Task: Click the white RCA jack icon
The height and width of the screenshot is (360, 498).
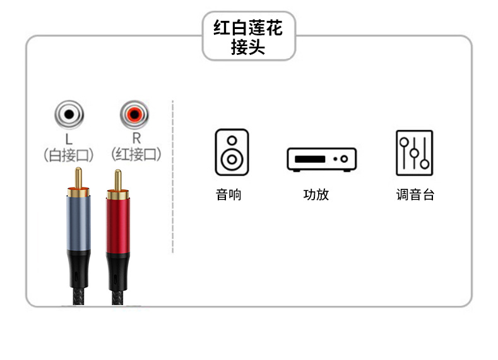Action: coord(69,115)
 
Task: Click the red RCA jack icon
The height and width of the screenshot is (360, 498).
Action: coord(134,115)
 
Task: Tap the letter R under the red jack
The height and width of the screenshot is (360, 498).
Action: coord(135,138)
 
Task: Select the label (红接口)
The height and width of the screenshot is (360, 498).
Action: coord(136,155)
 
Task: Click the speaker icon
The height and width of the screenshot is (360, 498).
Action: coord(232,152)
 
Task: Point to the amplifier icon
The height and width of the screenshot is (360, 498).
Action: coord(321,159)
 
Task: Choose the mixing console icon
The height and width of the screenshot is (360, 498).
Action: coord(414,152)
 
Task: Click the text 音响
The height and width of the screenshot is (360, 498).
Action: coord(228,195)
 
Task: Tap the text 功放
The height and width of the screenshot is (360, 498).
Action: coord(316,195)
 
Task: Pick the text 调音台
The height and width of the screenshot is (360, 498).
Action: coord(415,195)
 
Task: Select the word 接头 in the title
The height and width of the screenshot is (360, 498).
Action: coord(248,47)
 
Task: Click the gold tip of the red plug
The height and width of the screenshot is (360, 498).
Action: coord(117,180)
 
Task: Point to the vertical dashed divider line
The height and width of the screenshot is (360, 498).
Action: coord(172,177)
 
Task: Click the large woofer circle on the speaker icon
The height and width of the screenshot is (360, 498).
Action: coord(232,159)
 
